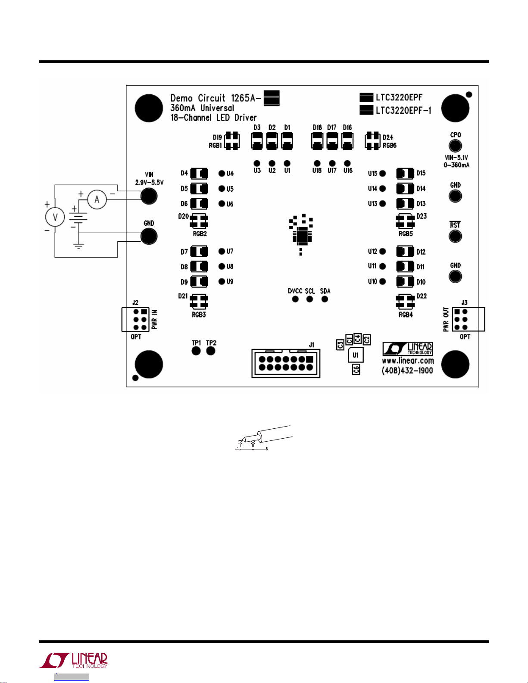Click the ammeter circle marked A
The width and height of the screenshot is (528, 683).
pos(97,200)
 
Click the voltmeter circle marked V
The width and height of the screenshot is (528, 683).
pos(55,217)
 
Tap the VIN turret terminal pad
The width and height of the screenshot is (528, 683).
pos(149,196)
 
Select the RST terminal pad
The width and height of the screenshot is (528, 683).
pos(455,236)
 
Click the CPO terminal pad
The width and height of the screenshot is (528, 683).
pos(455,146)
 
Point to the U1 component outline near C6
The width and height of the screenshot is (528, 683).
pos(356,355)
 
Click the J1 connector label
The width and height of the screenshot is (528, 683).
pos(312,345)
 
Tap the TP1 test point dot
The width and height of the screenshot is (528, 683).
pos(196,351)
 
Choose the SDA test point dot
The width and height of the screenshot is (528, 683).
pos(325,299)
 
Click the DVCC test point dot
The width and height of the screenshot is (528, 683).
pos(295,299)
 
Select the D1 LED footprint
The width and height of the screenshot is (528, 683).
pos(287,140)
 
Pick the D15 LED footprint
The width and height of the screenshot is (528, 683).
pos(405,174)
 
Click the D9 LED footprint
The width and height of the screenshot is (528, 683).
pos(199,282)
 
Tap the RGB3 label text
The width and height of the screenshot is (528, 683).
pos(199,315)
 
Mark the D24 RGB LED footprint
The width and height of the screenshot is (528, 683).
pos(372,140)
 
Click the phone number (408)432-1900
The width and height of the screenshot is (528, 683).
pos(407,371)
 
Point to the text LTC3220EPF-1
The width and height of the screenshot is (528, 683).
pos(403,110)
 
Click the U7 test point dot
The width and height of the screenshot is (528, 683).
pos(222,251)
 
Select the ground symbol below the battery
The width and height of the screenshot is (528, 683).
pos(78,247)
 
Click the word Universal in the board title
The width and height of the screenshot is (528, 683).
pos(217,108)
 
